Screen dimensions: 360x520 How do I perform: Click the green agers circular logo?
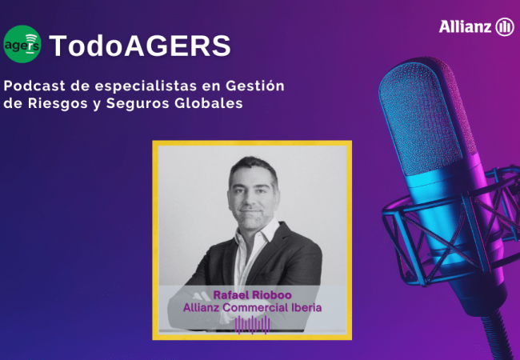click(x=22, y=46)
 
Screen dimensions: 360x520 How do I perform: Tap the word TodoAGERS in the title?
click(x=140, y=46)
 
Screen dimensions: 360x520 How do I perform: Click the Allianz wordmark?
click(x=465, y=27)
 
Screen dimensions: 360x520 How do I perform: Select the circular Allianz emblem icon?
click(x=505, y=27)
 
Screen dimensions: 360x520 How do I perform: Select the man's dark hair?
click(x=250, y=166)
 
